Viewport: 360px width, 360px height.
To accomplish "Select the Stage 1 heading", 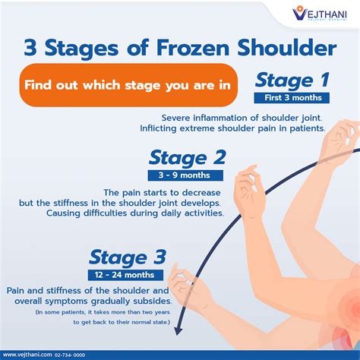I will point(292,81).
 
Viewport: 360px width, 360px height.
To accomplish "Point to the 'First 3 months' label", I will point(292,98).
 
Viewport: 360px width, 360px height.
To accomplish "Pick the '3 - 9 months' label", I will point(186,175).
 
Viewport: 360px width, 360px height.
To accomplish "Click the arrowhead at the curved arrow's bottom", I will point(179,328).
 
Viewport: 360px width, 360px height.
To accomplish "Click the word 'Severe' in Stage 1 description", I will point(178,118).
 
